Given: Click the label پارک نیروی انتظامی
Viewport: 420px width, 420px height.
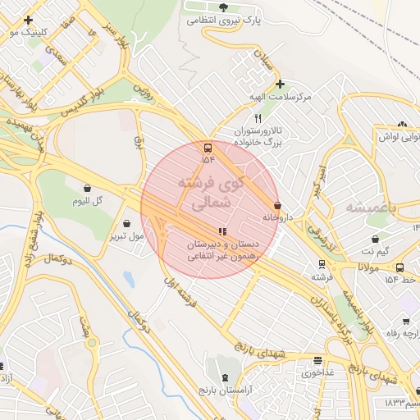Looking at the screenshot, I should point(222,20).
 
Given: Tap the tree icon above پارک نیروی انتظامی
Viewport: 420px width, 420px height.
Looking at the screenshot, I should point(247,7).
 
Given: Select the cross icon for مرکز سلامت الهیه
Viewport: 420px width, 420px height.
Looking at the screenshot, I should point(280,84).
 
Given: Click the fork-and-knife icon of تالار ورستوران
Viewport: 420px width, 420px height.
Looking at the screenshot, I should point(258,119).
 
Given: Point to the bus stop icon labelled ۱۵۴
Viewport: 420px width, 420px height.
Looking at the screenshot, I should point(208,148).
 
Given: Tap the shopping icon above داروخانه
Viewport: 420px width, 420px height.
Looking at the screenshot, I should point(277,205).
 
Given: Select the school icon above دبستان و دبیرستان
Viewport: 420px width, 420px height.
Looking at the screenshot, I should point(221,231).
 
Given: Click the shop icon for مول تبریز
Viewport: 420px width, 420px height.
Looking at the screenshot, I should point(126,223).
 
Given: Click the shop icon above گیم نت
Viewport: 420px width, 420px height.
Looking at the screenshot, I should point(375,239).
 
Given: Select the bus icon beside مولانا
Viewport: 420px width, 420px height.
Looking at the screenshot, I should point(399,267).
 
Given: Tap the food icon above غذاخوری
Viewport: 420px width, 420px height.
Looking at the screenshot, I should point(317,360).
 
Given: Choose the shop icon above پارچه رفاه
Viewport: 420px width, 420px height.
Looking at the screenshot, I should point(405,321).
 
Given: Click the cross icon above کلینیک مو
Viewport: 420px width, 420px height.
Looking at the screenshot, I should point(29,20).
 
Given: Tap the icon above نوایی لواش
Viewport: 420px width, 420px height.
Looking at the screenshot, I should point(402,125).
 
